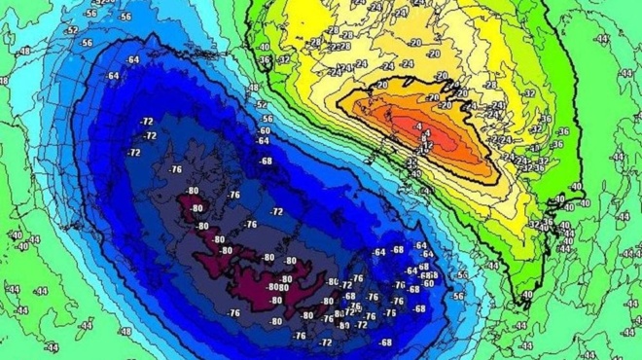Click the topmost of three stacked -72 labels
148,121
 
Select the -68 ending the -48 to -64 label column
266,161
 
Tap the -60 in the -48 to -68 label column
264,129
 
